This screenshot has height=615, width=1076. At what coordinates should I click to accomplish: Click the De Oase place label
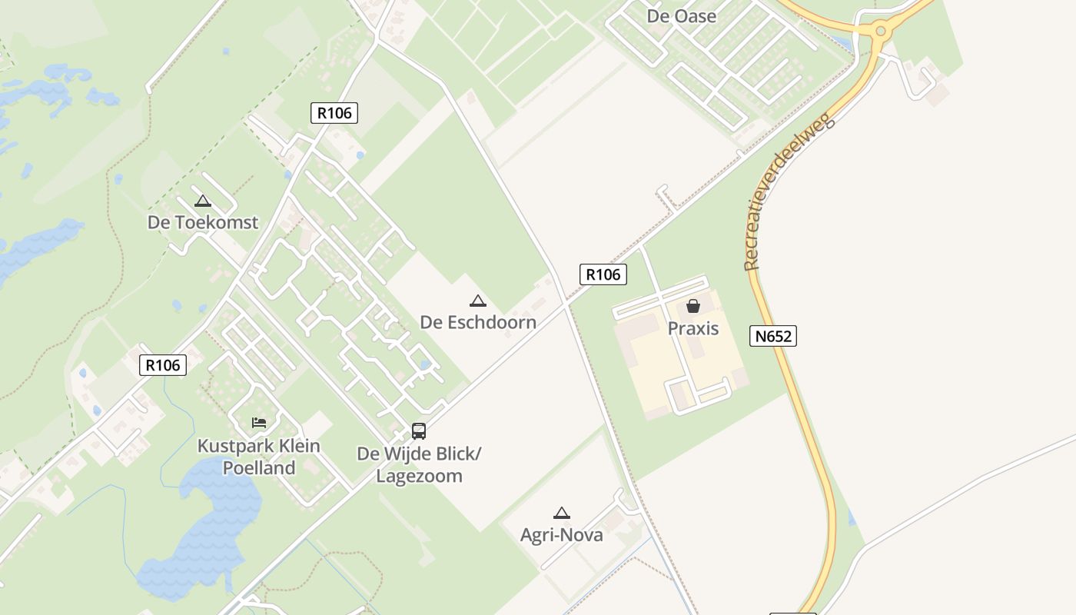coord(681,16)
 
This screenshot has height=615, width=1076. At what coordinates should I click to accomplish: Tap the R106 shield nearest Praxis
coord(603,274)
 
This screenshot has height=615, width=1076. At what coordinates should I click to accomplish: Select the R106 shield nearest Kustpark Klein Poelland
coord(163,364)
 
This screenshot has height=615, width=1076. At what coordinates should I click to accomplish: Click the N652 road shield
coord(772,336)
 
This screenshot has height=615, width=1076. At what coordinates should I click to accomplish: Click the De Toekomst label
coord(203,222)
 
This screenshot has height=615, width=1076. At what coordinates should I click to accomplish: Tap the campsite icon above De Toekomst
coord(203,201)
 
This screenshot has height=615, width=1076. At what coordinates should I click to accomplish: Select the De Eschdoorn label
coord(477,321)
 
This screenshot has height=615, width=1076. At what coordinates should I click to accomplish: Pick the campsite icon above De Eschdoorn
coord(477,301)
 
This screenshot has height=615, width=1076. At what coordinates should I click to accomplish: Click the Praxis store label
coord(692,328)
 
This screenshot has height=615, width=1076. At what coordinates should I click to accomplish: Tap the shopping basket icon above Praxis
coord(692,306)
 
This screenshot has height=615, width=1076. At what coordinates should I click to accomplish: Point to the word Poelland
coord(259,467)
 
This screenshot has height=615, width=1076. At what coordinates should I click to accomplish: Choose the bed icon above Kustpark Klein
coord(259,423)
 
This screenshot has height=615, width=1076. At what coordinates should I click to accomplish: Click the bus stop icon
coord(419,431)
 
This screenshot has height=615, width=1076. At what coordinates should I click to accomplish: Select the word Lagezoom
coord(419,476)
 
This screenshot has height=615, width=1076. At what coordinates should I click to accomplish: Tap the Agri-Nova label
coord(561,535)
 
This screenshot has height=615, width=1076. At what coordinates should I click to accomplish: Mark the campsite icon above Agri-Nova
coord(561,514)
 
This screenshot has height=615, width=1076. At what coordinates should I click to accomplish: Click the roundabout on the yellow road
coord(880,32)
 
